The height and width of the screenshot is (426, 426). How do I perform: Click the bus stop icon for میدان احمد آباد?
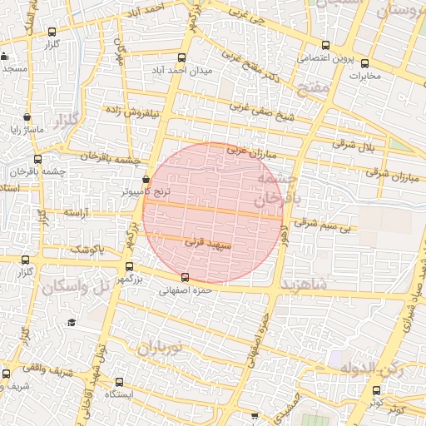[x=182, y=57]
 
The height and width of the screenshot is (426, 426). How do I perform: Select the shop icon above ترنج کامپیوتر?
[x=146, y=178]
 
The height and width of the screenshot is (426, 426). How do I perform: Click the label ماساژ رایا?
[x=27, y=131]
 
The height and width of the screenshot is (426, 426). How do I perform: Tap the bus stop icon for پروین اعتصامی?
[x=324, y=47]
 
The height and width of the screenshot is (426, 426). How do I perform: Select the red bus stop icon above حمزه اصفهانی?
[x=185, y=277]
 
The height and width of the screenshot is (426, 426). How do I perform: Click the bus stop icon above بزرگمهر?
[x=128, y=267]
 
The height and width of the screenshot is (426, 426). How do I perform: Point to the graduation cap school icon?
[x=72, y=322]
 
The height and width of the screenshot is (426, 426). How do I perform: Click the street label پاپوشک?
[x=87, y=249]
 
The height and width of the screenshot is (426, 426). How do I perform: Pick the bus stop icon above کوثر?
[x=376, y=389]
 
